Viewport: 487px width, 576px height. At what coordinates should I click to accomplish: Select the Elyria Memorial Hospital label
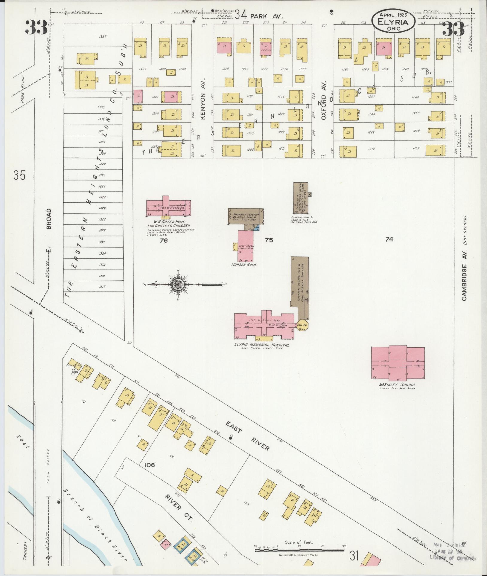click(262, 345)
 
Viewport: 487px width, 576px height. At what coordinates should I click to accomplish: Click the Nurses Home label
click(244, 265)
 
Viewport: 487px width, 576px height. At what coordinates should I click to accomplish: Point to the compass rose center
click(179, 284)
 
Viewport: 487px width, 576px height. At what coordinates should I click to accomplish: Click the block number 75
click(269, 240)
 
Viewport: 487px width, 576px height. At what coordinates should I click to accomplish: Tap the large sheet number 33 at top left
click(36, 28)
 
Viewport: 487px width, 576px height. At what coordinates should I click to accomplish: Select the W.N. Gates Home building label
click(168, 224)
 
